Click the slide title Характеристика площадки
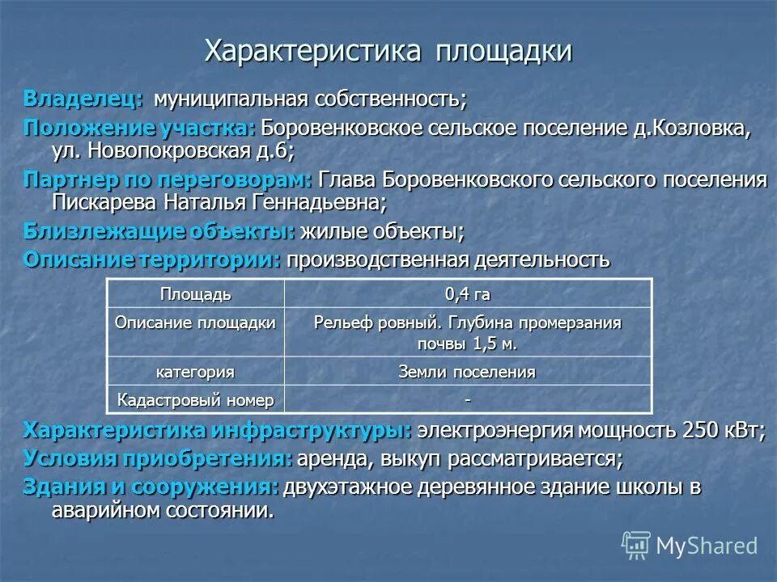(x=388, y=50)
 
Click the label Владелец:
(x=84, y=99)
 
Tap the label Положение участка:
(x=139, y=128)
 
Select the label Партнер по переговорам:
(x=168, y=179)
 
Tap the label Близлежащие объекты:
(x=159, y=231)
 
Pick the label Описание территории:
(x=153, y=260)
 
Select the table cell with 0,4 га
(x=467, y=293)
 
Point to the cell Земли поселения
(x=467, y=372)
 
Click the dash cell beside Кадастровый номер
(x=467, y=399)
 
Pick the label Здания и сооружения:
(x=151, y=487)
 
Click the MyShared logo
(x=690, y=545)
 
